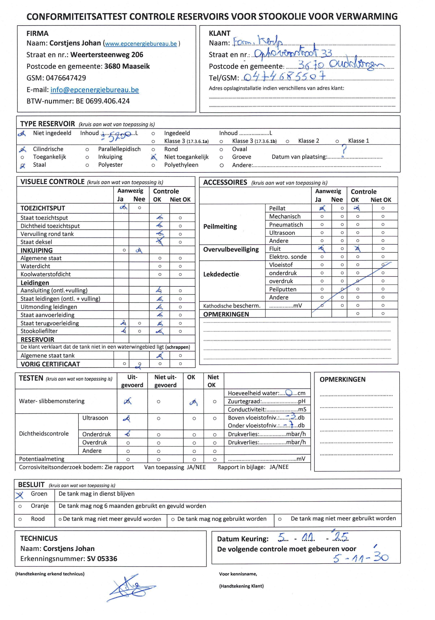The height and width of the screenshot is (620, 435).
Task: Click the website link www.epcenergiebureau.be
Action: [141, 44]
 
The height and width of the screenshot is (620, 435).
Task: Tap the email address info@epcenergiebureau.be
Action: [95, 90]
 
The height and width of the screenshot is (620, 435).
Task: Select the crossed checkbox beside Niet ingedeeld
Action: [22, 133]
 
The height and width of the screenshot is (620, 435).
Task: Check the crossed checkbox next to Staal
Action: [22, 165]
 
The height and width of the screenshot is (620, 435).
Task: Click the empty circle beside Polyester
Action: [87, 165]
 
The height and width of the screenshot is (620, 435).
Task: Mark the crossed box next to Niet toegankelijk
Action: [153, 157]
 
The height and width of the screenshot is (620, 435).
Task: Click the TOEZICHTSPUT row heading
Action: [43, 208]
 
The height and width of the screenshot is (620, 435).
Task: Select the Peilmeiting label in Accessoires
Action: [220, 227]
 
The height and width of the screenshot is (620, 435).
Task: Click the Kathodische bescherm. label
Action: [232, 306]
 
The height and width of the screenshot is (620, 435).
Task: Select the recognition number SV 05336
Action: [102, 559]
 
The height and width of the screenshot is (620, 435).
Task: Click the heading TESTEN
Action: [31, 378]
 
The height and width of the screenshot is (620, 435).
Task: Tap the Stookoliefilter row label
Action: [39, 331]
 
